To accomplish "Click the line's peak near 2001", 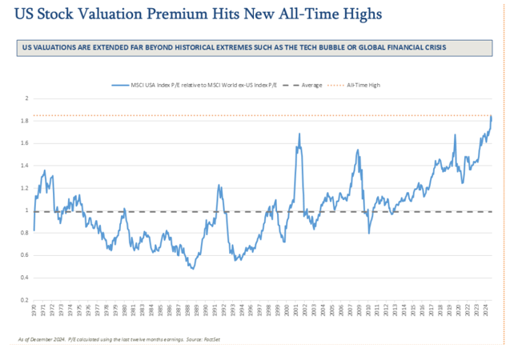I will point(299,134).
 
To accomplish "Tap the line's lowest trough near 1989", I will point(192,269).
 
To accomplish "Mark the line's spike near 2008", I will point(357,150).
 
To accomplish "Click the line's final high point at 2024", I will point(491,117).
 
